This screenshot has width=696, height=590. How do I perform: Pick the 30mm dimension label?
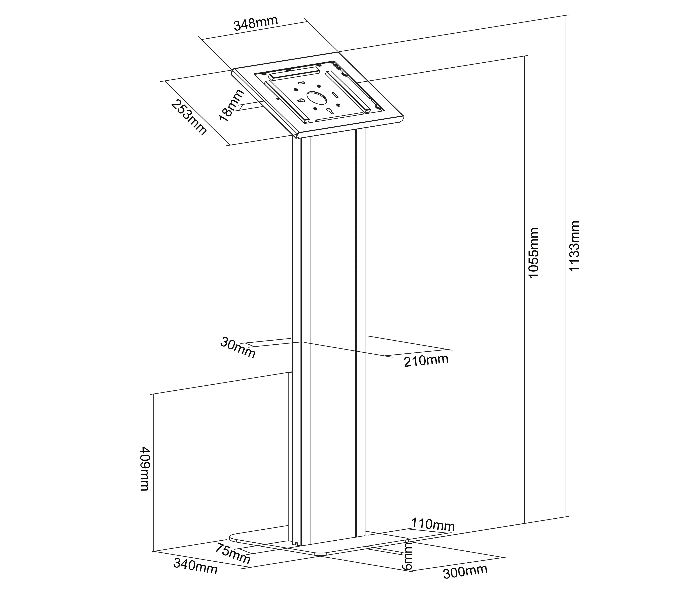238,348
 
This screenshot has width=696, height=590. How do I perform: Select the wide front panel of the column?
333,335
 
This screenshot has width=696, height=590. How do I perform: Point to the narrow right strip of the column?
360,335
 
